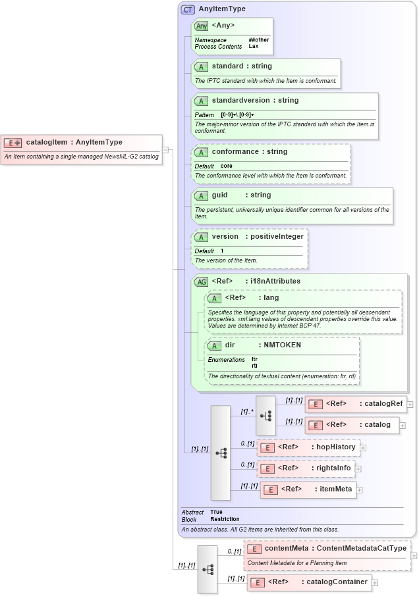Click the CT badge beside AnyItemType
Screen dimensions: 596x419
click(x=188, y=9)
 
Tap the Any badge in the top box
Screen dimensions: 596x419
click(x=202, y=26)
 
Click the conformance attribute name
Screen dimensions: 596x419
click(x=235, y=152)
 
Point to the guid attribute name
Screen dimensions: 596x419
click(x=219, y=195)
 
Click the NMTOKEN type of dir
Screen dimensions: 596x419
click(x=282, y=345)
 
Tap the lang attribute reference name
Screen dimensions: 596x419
click(x=271, y=298)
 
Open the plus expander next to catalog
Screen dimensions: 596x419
click(x=403, y=426)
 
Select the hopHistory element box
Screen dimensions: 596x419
click(x=308, y=447)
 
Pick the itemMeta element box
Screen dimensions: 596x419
click(x=308, y=489)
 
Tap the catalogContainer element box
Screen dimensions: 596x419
click(x=309, y=582)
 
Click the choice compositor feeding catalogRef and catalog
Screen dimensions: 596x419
click(x=265, y=415)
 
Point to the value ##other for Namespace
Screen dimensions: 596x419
click(x=259, y=40)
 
